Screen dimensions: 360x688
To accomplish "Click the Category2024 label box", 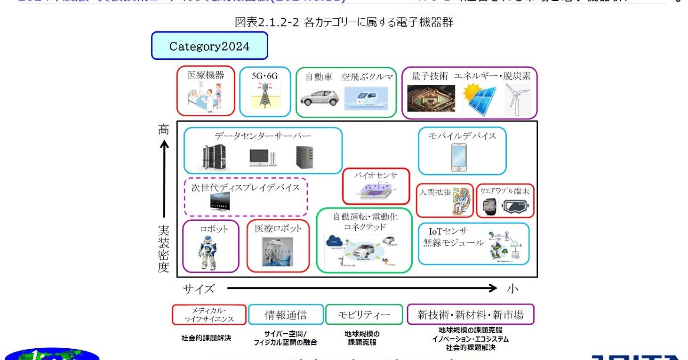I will (209, 46).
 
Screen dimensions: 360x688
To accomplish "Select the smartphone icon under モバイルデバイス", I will (459, 158).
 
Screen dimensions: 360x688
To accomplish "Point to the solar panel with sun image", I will (479, 99).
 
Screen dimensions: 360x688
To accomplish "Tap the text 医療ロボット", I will (278, 228).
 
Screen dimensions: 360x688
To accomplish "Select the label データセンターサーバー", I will (263, 136).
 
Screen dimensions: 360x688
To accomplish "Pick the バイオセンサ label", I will (376, 175).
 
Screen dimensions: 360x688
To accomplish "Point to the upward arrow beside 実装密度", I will (163, 179).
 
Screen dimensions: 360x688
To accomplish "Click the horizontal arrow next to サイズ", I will (362, 288).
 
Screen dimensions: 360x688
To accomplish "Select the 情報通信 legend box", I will (286, 315).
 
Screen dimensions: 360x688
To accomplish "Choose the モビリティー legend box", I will (364, 315).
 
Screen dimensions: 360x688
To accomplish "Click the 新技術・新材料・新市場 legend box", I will (470, 315).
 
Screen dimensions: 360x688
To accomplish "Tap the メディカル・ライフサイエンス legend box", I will (209, 315).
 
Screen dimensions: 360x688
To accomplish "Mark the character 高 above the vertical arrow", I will (163, 129).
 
